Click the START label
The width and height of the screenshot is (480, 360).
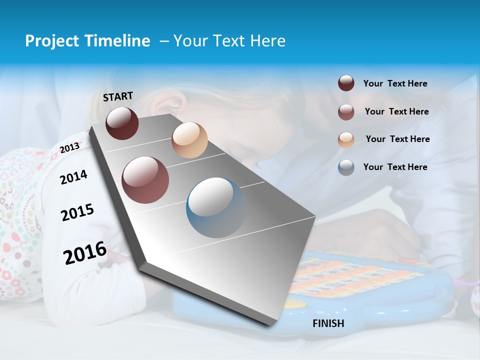118,96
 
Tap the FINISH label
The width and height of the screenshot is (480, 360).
328,323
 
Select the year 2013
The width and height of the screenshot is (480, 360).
69,148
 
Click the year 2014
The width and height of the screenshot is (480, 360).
73,177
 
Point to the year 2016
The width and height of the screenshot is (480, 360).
85,252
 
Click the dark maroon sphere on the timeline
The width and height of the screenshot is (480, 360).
122,123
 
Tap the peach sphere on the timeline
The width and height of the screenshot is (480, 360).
189,140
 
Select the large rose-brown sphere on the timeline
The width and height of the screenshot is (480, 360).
145,180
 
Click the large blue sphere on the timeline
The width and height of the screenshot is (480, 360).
216,207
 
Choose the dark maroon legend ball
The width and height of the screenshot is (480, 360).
346,83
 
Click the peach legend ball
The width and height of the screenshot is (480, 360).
346,139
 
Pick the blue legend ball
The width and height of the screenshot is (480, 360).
346,167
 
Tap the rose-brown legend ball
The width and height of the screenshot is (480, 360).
346,111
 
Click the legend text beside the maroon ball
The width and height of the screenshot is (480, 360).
395,84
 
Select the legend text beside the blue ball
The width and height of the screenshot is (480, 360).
395,167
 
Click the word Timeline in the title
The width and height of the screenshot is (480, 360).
118,41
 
